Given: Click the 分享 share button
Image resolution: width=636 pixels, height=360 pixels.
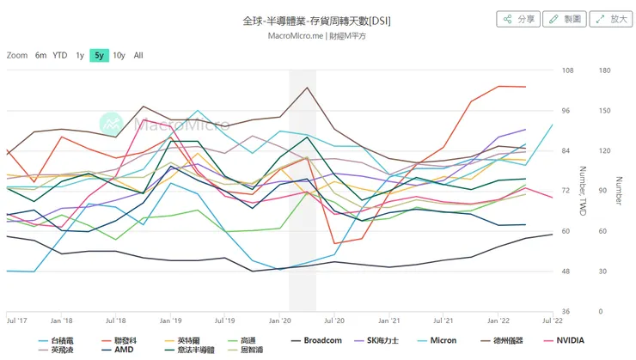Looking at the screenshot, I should point(518,19).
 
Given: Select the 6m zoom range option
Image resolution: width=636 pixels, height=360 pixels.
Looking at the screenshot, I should point(40,55).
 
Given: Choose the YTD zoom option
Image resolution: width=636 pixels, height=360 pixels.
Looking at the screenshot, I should point(60,55).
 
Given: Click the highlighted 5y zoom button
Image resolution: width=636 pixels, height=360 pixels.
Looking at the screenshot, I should point(99,55).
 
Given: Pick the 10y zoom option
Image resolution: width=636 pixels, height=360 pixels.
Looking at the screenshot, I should point(119,55).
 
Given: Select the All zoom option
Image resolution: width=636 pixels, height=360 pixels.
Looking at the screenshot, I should point(138,55).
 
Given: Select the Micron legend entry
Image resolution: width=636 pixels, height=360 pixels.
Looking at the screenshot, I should point(443,339).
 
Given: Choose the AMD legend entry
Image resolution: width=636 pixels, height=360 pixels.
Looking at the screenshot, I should point(124,351).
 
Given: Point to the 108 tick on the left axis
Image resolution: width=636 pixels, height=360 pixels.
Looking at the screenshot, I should point(566,70).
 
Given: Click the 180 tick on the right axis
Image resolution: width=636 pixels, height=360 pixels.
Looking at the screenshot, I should point(603,70).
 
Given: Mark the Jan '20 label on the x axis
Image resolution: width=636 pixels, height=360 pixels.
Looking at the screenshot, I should point(281,320).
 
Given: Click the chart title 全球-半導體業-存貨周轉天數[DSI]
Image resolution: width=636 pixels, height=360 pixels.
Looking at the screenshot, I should point(317,20).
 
